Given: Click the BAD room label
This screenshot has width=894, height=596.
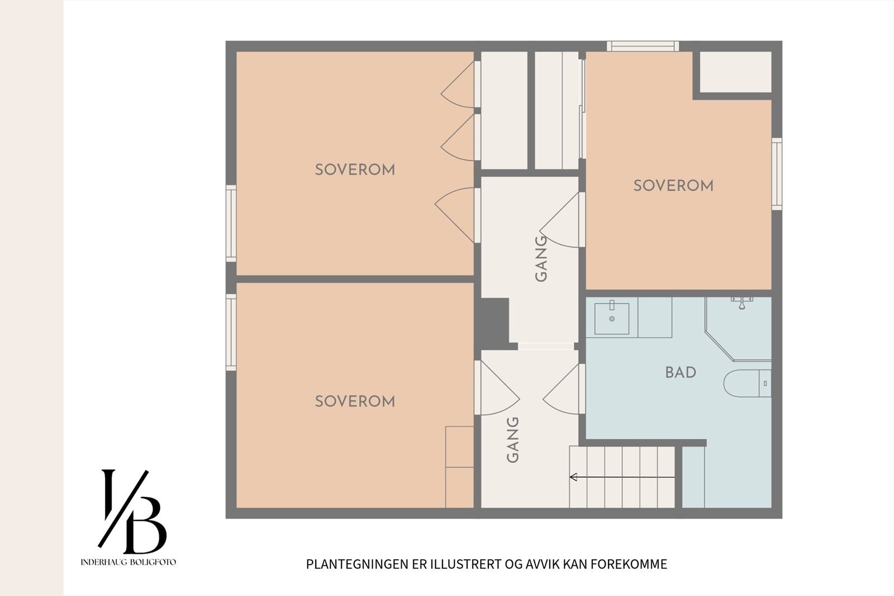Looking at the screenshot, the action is [x=681, y=372].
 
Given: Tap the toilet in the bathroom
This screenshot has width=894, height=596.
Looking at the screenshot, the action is [x=747, y=383].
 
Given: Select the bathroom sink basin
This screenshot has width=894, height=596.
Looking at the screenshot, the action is [x=611, y=318].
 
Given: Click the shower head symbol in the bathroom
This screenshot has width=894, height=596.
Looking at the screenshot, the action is [x=741, y=303].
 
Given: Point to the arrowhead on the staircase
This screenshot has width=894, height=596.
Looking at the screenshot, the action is [x=573, y=476].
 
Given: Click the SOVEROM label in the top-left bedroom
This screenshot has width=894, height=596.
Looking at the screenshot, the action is [x=355, y=170].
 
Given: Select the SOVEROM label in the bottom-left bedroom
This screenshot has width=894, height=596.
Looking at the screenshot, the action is [x=355, y=401].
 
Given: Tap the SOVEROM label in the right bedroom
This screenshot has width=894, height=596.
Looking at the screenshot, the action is [x=673, y=186].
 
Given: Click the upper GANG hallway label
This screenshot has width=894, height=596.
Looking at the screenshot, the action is [x=540, y=259].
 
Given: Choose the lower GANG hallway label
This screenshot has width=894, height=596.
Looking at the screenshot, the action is [x=512, y=440].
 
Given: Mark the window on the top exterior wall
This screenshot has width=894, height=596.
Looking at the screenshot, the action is [x=643, y=46].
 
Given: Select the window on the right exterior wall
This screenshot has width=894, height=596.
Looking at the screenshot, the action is [x=777, y=174].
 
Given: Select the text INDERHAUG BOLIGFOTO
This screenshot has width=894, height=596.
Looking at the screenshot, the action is [x=128, y=562].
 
